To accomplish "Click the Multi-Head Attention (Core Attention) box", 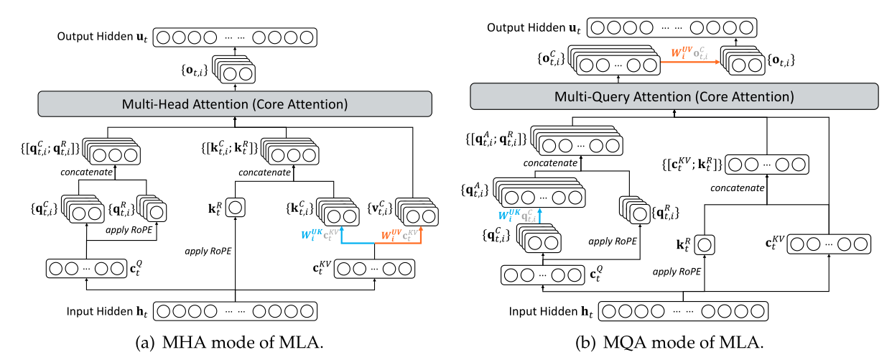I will point(236,104).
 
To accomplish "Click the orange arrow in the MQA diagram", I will point(689,63).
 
